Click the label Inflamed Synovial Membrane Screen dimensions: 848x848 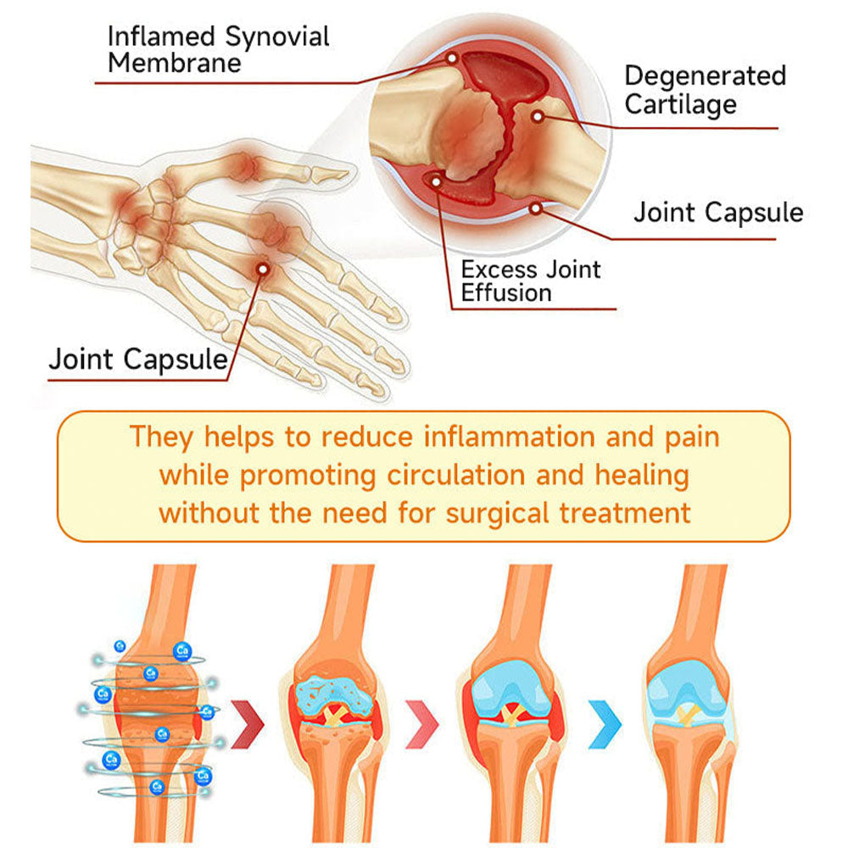tap(219, 50)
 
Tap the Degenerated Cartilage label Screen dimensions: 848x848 tap(705, 91)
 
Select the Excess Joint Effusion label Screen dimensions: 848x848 tap(531, 282)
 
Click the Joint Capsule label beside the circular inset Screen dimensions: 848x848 tap(718, 212)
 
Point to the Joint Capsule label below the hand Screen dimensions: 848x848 tap(138, 359)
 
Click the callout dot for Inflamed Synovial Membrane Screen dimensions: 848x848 tap(452, 58)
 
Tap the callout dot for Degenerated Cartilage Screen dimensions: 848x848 tap(537, 117)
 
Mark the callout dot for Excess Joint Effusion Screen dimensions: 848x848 tap(436, 181)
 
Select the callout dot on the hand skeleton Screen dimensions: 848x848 tap(263, 269)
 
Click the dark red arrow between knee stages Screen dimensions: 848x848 tap(248, 725)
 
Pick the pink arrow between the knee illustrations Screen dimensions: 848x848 tap(423, 725)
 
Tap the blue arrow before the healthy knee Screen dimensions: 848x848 tap(606, 725)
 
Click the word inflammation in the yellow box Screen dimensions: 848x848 tap(509, 437)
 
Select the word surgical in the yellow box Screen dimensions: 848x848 tap(498, 514)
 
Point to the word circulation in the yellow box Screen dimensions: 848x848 tap(456, 476)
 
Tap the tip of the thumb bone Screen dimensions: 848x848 tap(347, 173)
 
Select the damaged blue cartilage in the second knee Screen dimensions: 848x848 tap(333, 696)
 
